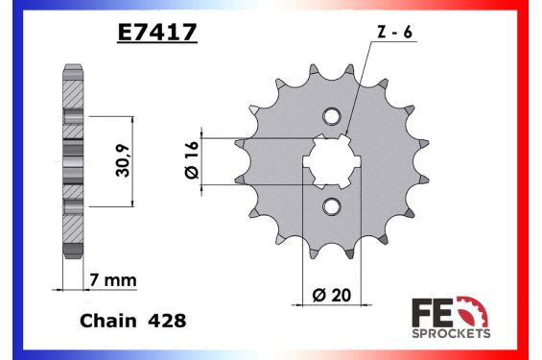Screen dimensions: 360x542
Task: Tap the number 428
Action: tap(166, 323)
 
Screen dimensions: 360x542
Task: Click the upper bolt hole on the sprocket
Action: tap(331, 117)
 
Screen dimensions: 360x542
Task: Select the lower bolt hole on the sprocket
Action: tap(331, 206)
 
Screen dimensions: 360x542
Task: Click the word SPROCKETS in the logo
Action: tap(450, 333)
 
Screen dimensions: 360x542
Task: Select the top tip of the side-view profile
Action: tap(73, 68)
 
